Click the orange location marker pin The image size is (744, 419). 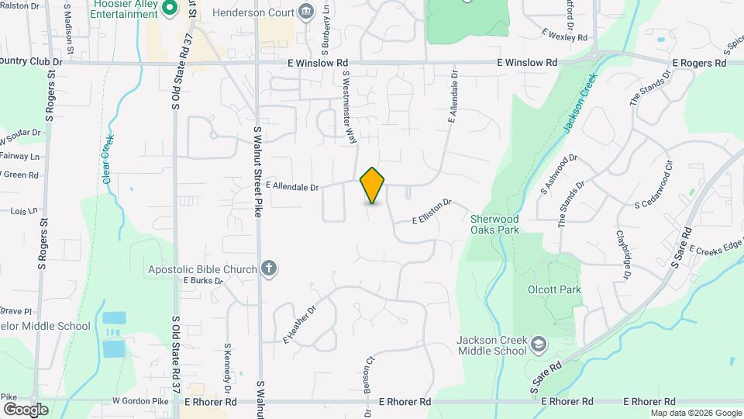(373, 185)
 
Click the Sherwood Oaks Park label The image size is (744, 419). (495, 224)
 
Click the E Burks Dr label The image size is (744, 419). (203, 281)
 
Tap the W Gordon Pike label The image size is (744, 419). (140, 401)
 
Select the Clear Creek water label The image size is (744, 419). (108, 160)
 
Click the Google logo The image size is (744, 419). (25, 409)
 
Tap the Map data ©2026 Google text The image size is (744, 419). (697, 412)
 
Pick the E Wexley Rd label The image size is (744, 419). (565, 36)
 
